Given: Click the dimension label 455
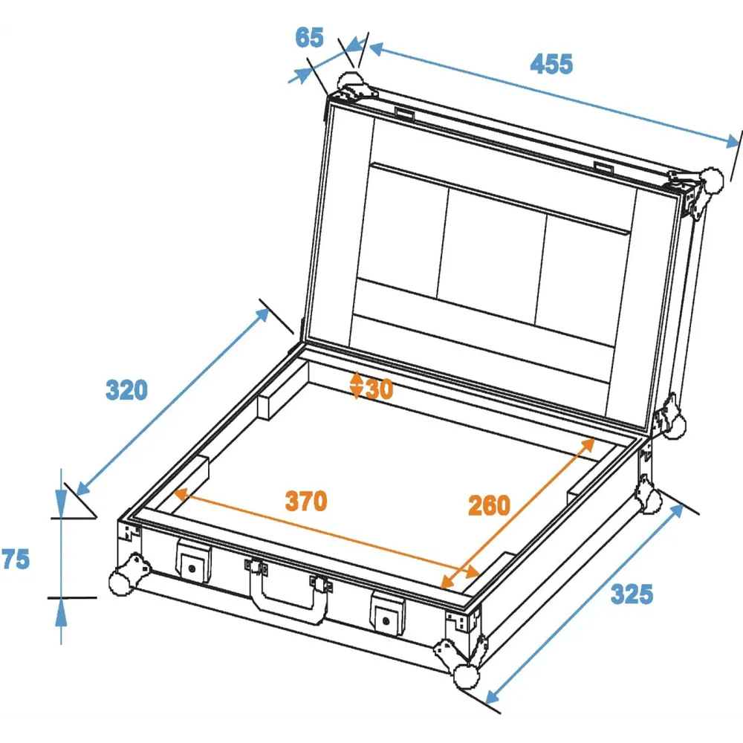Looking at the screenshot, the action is [x=551, y=63].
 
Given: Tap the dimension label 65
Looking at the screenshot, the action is [x=309, y=37].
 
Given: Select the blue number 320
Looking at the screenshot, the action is [x=126, y=390].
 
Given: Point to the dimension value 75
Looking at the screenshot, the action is [x=16, y=559].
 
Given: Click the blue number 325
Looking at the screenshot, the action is [x=632, y=594].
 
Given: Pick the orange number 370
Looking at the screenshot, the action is [x=306, y=501].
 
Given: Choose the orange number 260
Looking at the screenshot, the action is [x=489, y=505].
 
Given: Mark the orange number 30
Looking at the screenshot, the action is [x=379, y=389].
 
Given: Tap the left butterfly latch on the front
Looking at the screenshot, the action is [x=193, y=561].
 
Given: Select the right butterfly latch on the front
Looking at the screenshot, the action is [x=388, y=614].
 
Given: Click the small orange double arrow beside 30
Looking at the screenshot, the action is [x=357, y=385].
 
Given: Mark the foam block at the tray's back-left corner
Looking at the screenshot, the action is [x=282, y=390].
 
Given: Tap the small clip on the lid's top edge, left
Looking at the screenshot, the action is [x=405, y=114].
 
